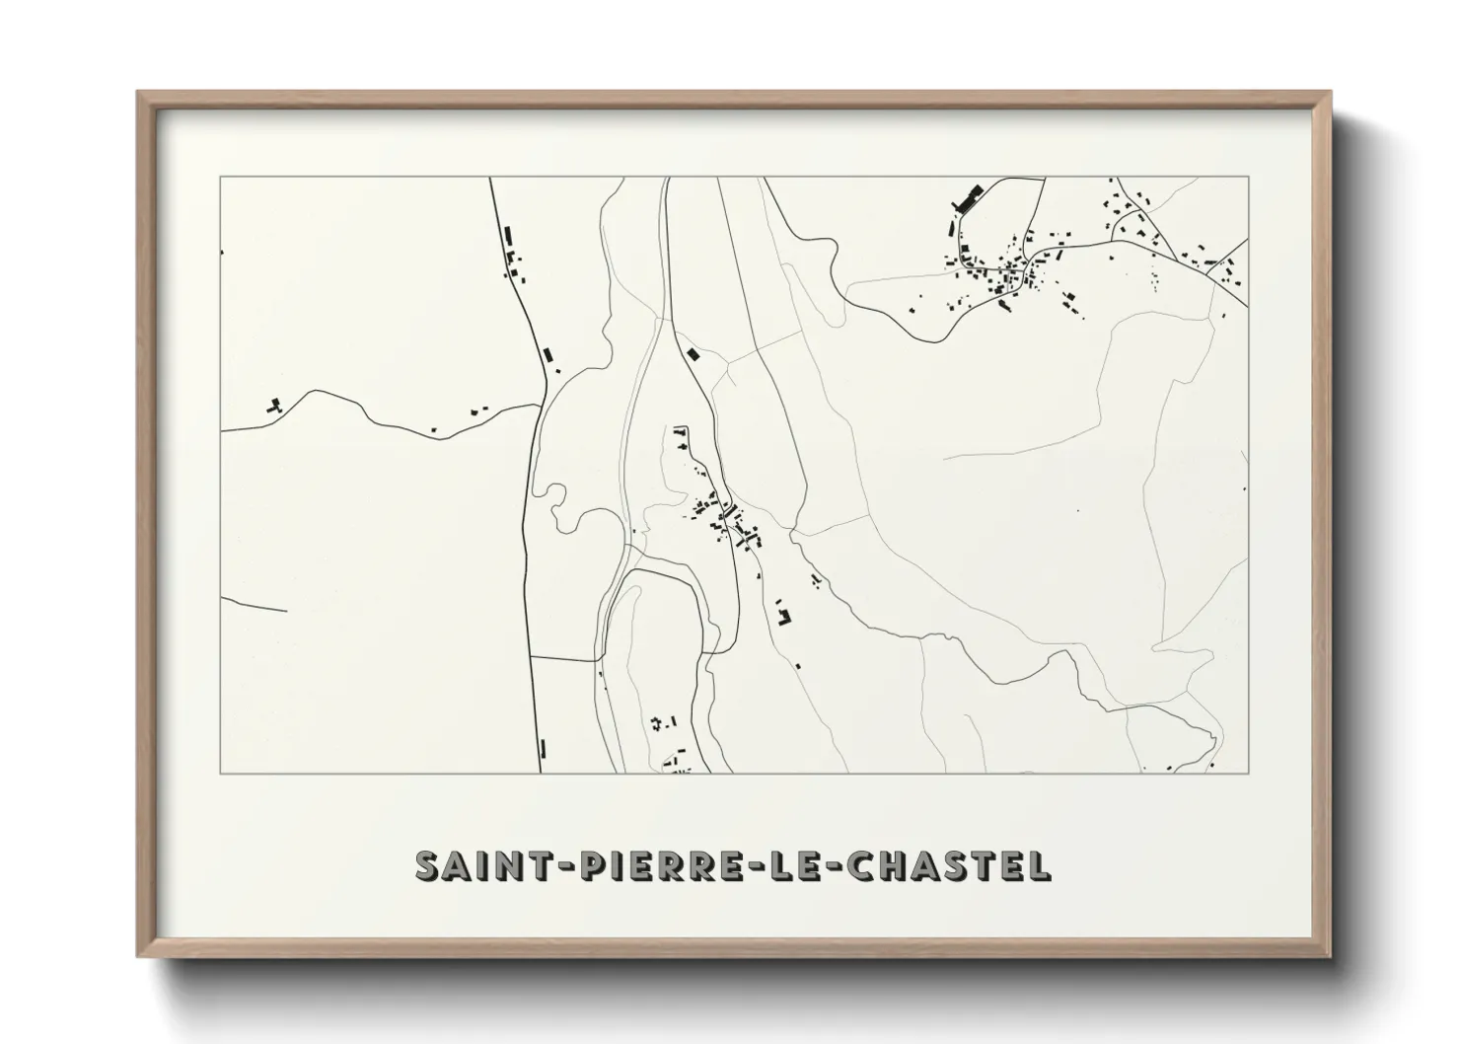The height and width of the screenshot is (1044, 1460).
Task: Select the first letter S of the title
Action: coord(428,865)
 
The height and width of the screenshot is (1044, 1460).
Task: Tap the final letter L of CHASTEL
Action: coord(1040,865)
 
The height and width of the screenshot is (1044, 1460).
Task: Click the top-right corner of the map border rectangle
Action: coord(1249,178)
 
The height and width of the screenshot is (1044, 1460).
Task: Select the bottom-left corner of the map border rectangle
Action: coord(220,774)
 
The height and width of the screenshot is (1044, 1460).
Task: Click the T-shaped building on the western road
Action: coord(275,404)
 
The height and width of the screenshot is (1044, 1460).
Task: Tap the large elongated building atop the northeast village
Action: coord(965,198)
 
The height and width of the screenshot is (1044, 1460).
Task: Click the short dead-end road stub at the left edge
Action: coord(254,604)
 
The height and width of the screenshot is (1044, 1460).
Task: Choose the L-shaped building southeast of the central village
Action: coord(785,617)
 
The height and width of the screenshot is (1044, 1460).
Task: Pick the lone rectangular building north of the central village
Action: coord(693,352)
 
